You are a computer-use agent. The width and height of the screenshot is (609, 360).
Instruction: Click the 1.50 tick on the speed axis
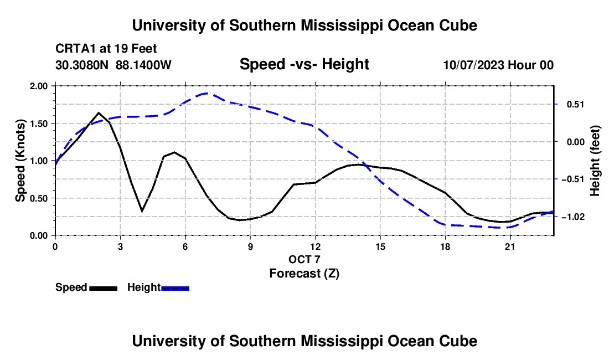38,124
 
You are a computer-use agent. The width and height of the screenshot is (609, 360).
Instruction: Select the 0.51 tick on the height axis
575,105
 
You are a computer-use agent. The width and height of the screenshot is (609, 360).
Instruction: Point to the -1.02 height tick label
573,217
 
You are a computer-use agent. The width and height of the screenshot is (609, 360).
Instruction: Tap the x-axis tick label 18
445,246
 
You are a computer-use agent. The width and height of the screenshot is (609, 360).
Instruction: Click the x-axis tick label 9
250,246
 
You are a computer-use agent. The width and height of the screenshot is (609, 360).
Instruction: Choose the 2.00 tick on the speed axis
38,86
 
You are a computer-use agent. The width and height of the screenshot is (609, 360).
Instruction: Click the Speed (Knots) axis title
20,161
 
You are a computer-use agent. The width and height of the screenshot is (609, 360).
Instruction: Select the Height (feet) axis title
595,161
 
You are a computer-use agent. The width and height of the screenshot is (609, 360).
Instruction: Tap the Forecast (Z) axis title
304,274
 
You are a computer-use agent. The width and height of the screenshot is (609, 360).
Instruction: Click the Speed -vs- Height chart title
304,64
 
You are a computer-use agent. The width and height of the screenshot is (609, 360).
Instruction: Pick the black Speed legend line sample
104,288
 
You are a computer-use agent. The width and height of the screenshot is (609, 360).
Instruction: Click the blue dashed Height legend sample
175,288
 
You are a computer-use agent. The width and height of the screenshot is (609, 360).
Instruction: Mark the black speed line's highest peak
99,113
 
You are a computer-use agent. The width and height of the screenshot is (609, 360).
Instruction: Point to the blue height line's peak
207,93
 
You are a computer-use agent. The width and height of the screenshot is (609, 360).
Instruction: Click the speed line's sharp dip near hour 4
142,211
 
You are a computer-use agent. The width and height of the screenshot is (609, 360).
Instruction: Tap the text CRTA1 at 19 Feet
106,49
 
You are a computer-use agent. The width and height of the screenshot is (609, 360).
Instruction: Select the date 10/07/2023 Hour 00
498,65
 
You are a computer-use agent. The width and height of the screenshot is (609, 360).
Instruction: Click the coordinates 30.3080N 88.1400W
113,65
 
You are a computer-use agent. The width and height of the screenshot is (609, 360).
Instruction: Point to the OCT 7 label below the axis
304,259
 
